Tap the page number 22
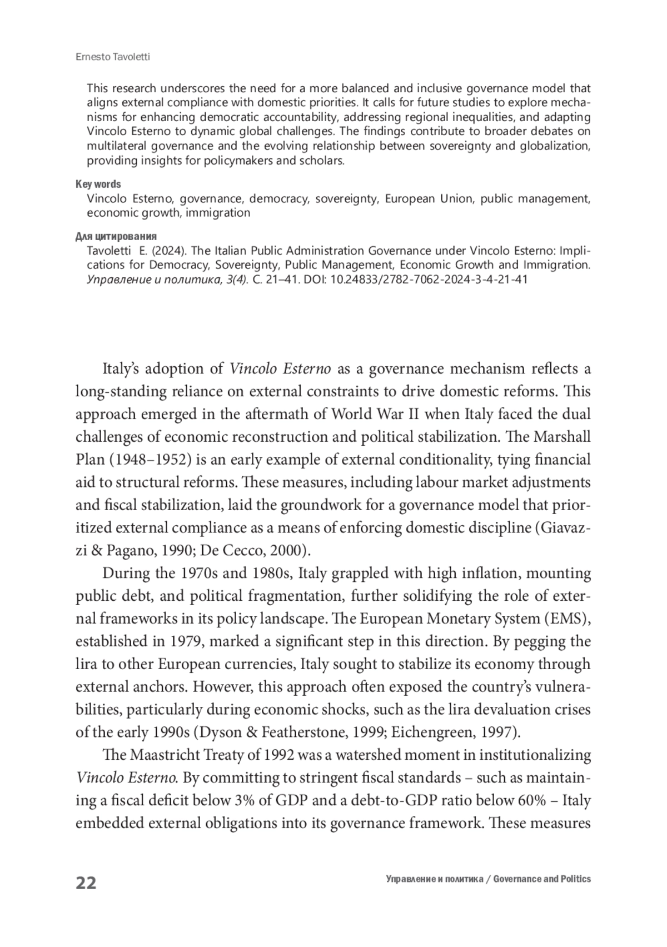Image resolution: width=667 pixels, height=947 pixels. coord(86,883)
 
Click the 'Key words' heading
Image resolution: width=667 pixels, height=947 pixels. coord(98,184)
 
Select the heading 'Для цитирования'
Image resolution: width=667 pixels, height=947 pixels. coord(116,236)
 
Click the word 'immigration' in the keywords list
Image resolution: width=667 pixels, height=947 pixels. coord(218,212)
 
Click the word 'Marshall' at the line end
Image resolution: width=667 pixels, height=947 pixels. coord(562,437)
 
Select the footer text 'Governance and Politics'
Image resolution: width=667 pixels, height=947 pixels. coord(542,879)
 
